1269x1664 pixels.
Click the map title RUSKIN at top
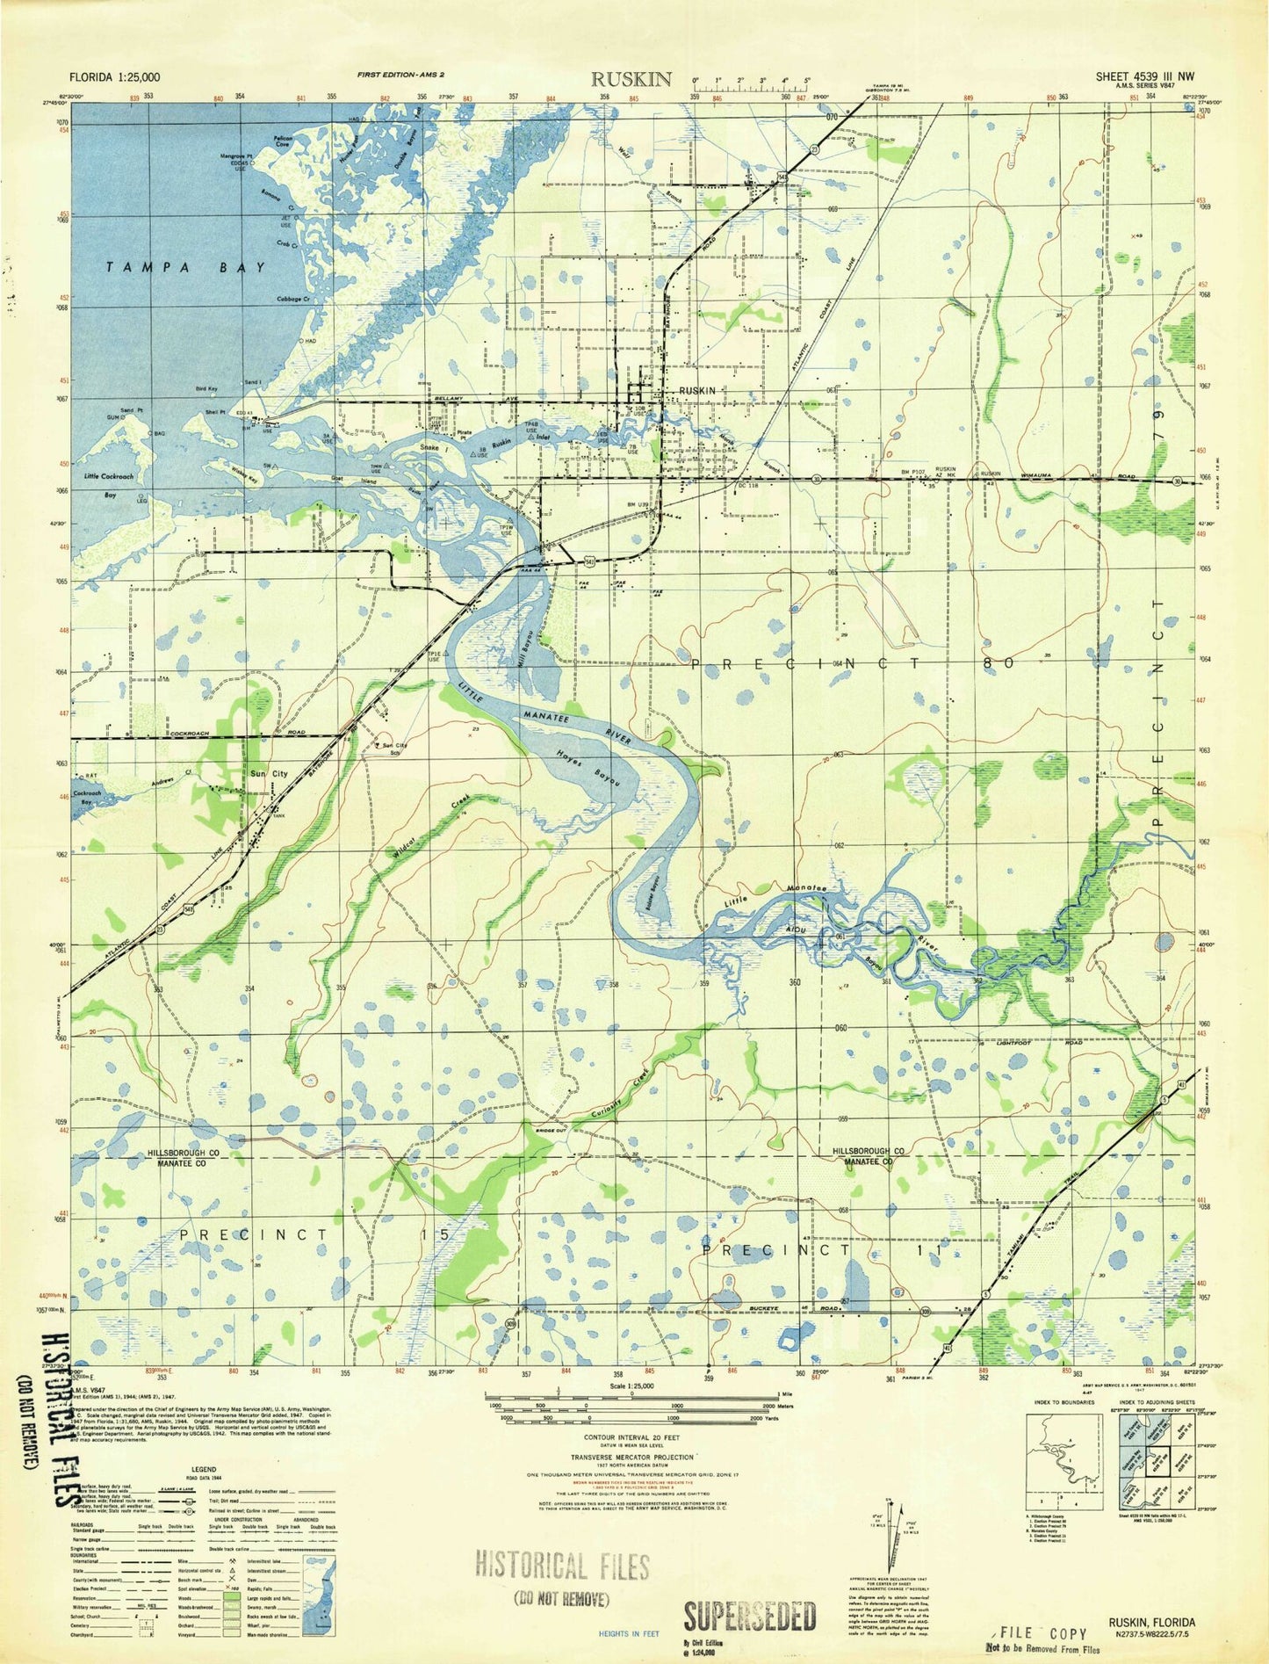(631, 79)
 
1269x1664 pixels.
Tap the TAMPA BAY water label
(185, 267)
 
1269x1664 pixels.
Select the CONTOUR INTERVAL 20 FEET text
(631, 1437)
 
